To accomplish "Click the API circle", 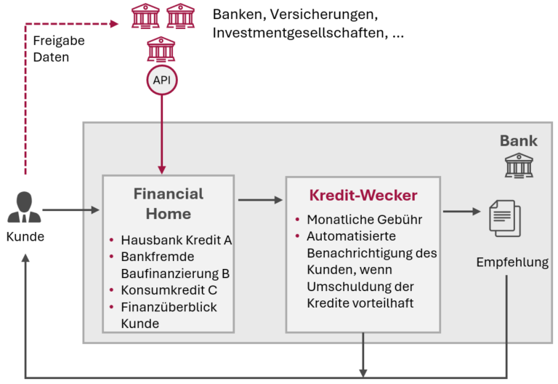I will tap(161, 79).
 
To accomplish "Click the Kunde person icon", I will tap(25, 208).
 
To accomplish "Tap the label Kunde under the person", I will tap(25, 236).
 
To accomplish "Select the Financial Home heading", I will tap(169, 204).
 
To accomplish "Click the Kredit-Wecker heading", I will tap(363, 195).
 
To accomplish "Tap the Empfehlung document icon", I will tap(504, 218).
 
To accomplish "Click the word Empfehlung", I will tap(512, 263).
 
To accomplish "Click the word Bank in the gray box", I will tap(518, 140).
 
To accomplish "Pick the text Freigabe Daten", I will tap(58, 49).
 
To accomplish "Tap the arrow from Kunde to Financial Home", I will tap(70, 211).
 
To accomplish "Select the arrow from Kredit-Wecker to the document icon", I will tap(462, 212).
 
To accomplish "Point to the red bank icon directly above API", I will tap(161, 49).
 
